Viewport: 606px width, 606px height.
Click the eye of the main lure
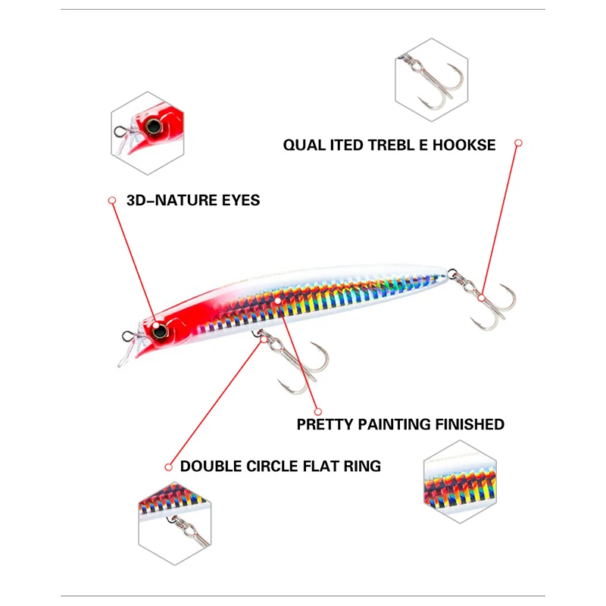(x=160, y=330)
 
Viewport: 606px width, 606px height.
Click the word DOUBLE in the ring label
(x=208, y=466)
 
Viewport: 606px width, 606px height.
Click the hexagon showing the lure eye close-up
(x=148, y=134)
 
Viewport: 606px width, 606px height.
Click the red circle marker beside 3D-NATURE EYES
(x=111, y=201)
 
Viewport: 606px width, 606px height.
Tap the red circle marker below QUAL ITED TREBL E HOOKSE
(x=519, y=142)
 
